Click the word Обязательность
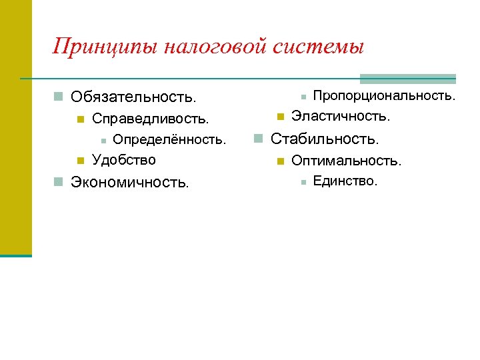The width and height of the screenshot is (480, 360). [134, 97]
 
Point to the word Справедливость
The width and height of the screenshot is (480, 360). [151, 119]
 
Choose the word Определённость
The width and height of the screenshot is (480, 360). [170, 140]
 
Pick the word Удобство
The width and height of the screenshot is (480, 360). [124, 159]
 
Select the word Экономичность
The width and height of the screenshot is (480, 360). [130, 181]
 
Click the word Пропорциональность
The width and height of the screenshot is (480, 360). [385, 96]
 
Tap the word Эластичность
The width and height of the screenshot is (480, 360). [341, 117]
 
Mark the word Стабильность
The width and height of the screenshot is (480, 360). [325, 139]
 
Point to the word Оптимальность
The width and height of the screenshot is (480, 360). [347, 161]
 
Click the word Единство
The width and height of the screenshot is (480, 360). [345, 181]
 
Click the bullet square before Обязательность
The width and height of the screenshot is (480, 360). [59, 97]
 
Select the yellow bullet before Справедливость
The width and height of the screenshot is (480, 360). [80, 120]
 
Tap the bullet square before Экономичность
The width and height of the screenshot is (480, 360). [59, 181]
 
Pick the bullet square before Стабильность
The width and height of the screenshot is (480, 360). [259, 139]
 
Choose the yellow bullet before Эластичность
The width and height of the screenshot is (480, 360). [280, 117]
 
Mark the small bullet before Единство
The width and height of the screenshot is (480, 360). [303, 181]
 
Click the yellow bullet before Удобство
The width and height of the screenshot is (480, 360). [80, 160]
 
